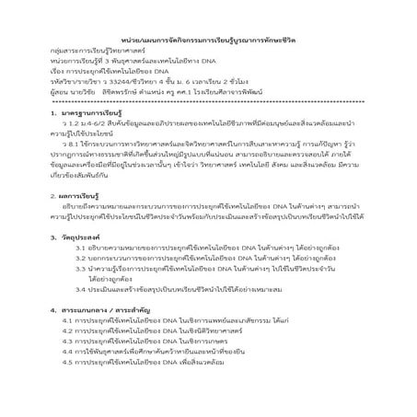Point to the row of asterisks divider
click(x=209, y=100)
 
